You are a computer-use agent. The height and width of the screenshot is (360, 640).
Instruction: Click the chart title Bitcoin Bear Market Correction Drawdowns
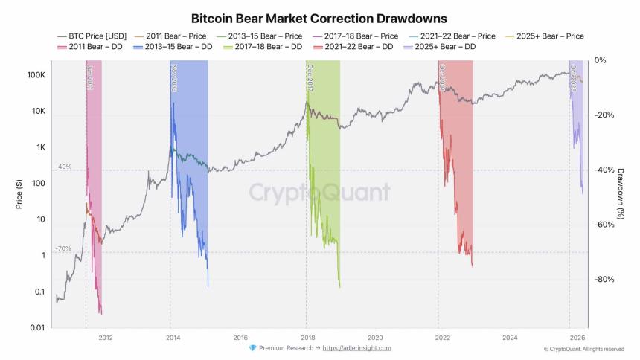point(319,17)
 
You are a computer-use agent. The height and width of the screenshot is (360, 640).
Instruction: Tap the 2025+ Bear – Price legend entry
point(548,36)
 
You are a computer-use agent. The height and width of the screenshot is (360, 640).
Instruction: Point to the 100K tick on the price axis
point(37,76)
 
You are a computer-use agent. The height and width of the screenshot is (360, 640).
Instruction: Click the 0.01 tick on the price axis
point(37,327)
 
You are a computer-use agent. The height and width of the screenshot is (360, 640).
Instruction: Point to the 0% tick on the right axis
point(601,60)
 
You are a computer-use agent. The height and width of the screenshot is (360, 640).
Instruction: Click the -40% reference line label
point(63,167)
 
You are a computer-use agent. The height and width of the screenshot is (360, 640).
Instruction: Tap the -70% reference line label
point(63,248)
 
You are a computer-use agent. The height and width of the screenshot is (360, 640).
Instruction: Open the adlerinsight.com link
point(356,348)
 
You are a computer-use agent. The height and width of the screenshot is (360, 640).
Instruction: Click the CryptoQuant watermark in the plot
point(319,193)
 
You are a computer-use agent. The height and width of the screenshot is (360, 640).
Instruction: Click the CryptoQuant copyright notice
point(583,349)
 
